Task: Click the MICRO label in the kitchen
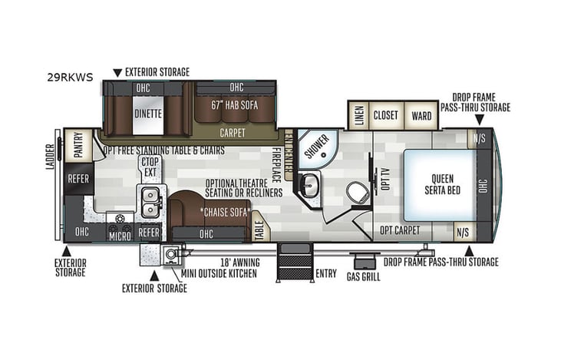[119, 236]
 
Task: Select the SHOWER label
[315, 145]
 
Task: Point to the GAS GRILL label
[364, 276]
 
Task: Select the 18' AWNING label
[239, 263]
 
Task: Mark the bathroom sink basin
[309, 184]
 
